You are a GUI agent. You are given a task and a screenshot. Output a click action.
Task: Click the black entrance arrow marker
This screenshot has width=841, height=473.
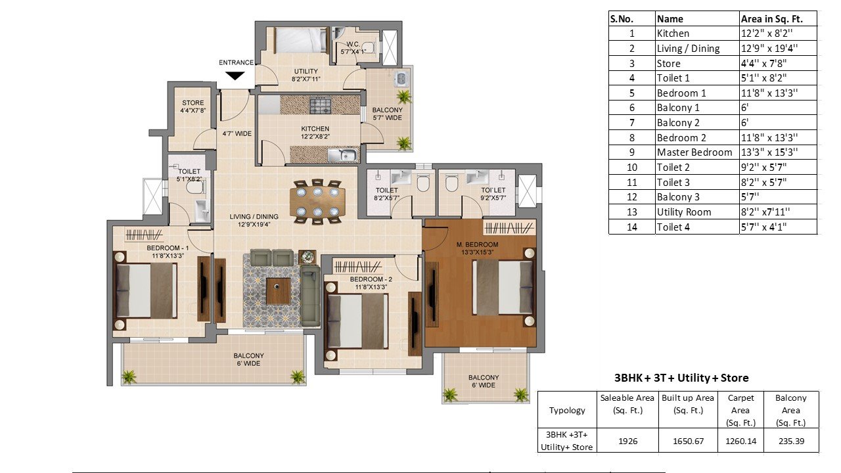click(236, 76)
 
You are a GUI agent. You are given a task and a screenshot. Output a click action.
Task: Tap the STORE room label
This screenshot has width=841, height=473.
click(193, 102)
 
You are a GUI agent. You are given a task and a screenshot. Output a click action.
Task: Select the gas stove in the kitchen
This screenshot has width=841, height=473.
click(321, 105)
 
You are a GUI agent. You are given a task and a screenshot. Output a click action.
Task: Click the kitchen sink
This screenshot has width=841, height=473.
click(343, 154)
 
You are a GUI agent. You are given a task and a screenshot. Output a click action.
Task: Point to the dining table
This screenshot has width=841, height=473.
click(317, 202)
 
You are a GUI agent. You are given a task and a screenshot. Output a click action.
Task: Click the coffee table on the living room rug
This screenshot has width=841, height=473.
click(278, 290)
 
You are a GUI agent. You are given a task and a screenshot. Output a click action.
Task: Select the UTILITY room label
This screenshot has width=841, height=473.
click(306, 71)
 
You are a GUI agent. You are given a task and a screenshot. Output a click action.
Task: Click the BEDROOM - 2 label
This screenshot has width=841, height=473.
click(371, 279)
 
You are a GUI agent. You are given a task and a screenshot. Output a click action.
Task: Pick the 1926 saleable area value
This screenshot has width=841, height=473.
click(627, 441)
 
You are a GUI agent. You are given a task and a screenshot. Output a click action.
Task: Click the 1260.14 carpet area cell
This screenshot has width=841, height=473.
click(740, 441)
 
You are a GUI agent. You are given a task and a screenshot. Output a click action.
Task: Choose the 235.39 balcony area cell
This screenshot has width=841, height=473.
click(792, 441)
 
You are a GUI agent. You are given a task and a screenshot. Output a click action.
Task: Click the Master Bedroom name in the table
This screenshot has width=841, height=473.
click(694, 152)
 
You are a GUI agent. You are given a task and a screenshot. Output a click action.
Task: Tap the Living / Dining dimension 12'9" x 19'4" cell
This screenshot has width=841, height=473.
click(769, 49)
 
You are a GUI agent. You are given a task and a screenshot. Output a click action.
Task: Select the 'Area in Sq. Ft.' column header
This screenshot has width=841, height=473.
click(771, 19)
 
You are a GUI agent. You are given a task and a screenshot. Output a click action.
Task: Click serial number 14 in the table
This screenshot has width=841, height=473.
click(632, 227)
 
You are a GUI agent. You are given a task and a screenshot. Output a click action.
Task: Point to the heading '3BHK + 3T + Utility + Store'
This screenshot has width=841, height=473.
click(681, 378)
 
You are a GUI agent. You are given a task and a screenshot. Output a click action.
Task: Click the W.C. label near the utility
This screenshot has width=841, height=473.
click(353, 44)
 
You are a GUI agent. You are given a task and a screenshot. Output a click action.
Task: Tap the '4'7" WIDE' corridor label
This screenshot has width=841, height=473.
click(237, 133)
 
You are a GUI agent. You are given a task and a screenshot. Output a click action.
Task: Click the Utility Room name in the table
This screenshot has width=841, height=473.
click(684, 212)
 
